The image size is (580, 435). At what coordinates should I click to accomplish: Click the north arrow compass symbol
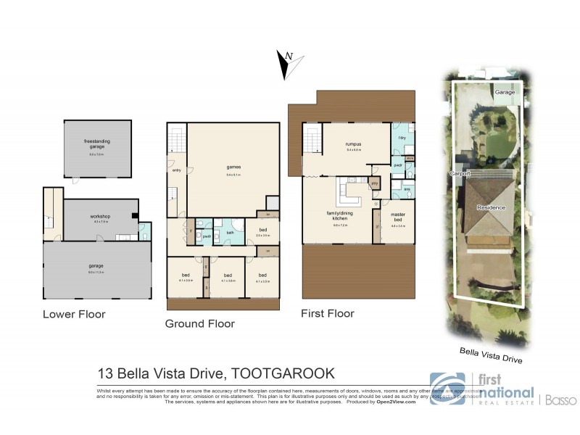pyautogui.click(x=287, y=67)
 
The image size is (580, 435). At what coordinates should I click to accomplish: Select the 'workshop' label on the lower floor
pyautogui.click(x=100, y=217)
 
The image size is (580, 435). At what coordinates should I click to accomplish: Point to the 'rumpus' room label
pyautogui.click(x=353, y=144)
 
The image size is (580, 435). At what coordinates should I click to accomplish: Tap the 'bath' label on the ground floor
pyautogui.click(x=229, y=232)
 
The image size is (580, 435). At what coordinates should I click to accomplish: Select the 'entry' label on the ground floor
pyautogui.click(x=176, y=170)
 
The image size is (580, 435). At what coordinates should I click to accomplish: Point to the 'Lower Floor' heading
pyautogui.click(x=74, y=314)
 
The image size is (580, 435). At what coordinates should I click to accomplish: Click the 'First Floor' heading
pyautogui.click(x=328, y=313)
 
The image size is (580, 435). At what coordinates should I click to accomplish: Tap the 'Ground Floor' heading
pyautogui.click(x=200, y=323)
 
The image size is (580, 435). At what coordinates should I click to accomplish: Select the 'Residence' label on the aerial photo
pyautogui.click(x=490, y=208)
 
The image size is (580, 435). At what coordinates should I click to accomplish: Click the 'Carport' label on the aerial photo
pyautogui.click(x=458, y=174)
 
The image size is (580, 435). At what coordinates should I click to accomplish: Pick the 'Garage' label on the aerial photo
pyautogui.click(x=505, y=93)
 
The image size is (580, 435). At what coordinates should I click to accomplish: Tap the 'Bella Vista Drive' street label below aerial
pyautogui.click(x=491, y=355)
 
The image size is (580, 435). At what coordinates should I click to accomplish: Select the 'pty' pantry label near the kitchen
pyautogui.click(x=374, y=183)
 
